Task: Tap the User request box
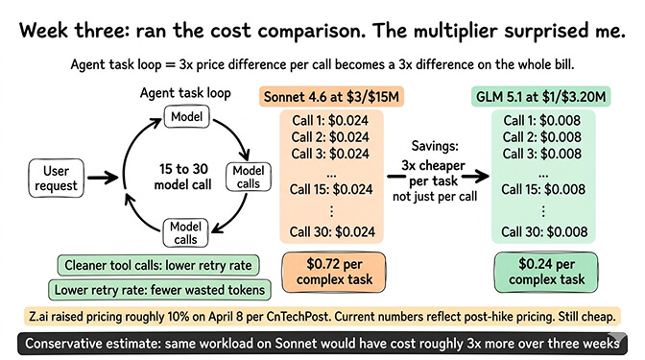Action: (57, 177)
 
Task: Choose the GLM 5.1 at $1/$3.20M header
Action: (545, 97)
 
